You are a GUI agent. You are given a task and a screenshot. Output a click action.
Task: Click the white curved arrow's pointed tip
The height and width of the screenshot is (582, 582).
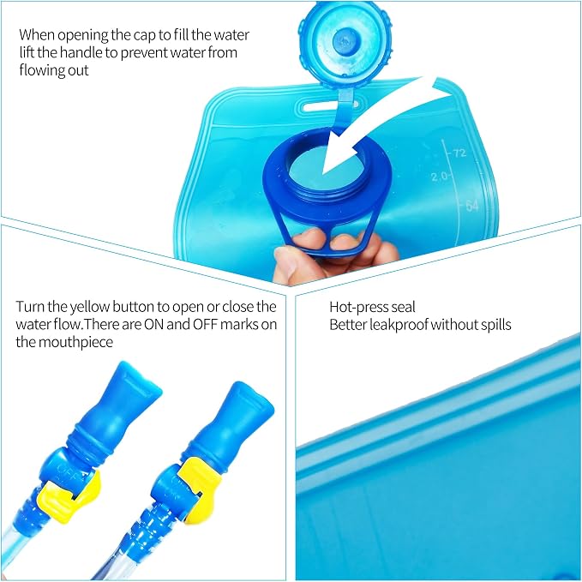point(323,173)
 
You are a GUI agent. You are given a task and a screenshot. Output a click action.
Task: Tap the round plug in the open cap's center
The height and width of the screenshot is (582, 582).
point(346,40)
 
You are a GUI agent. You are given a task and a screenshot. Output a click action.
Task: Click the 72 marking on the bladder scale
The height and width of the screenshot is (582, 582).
point(459,153)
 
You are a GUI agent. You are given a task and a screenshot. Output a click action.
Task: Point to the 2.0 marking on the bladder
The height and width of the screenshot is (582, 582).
point(439,177)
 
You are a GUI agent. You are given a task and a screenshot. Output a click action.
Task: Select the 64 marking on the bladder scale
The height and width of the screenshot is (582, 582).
point(471,205)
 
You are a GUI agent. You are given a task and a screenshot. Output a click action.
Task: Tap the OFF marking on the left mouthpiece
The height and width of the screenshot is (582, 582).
point(68,469)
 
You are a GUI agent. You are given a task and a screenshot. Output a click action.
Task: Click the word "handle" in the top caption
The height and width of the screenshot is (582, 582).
point(81,52)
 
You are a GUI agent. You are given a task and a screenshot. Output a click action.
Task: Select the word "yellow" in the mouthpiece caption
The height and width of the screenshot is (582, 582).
point(90,308)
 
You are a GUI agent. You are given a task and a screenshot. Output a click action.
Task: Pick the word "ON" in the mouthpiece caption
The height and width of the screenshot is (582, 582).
point(153,324)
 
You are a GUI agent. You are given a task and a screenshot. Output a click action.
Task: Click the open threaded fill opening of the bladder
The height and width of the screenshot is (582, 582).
point(327,168)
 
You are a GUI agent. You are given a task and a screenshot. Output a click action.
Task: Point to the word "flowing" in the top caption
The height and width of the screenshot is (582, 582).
point(37,70)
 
